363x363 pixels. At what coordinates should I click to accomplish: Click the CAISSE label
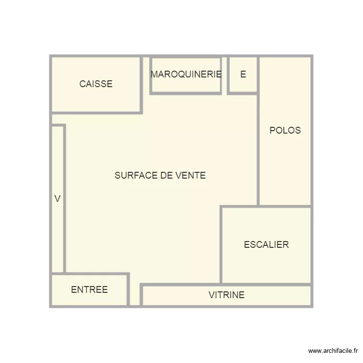(96, 84)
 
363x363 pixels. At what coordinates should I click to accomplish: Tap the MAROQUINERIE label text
(186, 75)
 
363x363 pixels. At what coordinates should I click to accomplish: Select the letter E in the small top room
(243, 75)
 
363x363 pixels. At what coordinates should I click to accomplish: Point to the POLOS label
(285, 130)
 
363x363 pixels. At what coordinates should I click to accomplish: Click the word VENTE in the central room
(190, 176)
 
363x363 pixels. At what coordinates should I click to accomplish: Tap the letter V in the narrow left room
(58, 199)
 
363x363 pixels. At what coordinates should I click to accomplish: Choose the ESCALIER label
(266, 245)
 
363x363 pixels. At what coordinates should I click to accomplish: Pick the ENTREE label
(90, 290)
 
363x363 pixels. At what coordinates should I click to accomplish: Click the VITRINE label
(227, 295)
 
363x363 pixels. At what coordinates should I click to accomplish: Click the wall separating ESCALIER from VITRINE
(266, 285)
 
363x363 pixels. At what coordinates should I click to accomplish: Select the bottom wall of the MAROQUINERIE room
(186, 92)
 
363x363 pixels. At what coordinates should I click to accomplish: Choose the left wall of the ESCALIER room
(221, 245)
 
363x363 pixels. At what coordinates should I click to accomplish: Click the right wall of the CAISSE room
(141, 84)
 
